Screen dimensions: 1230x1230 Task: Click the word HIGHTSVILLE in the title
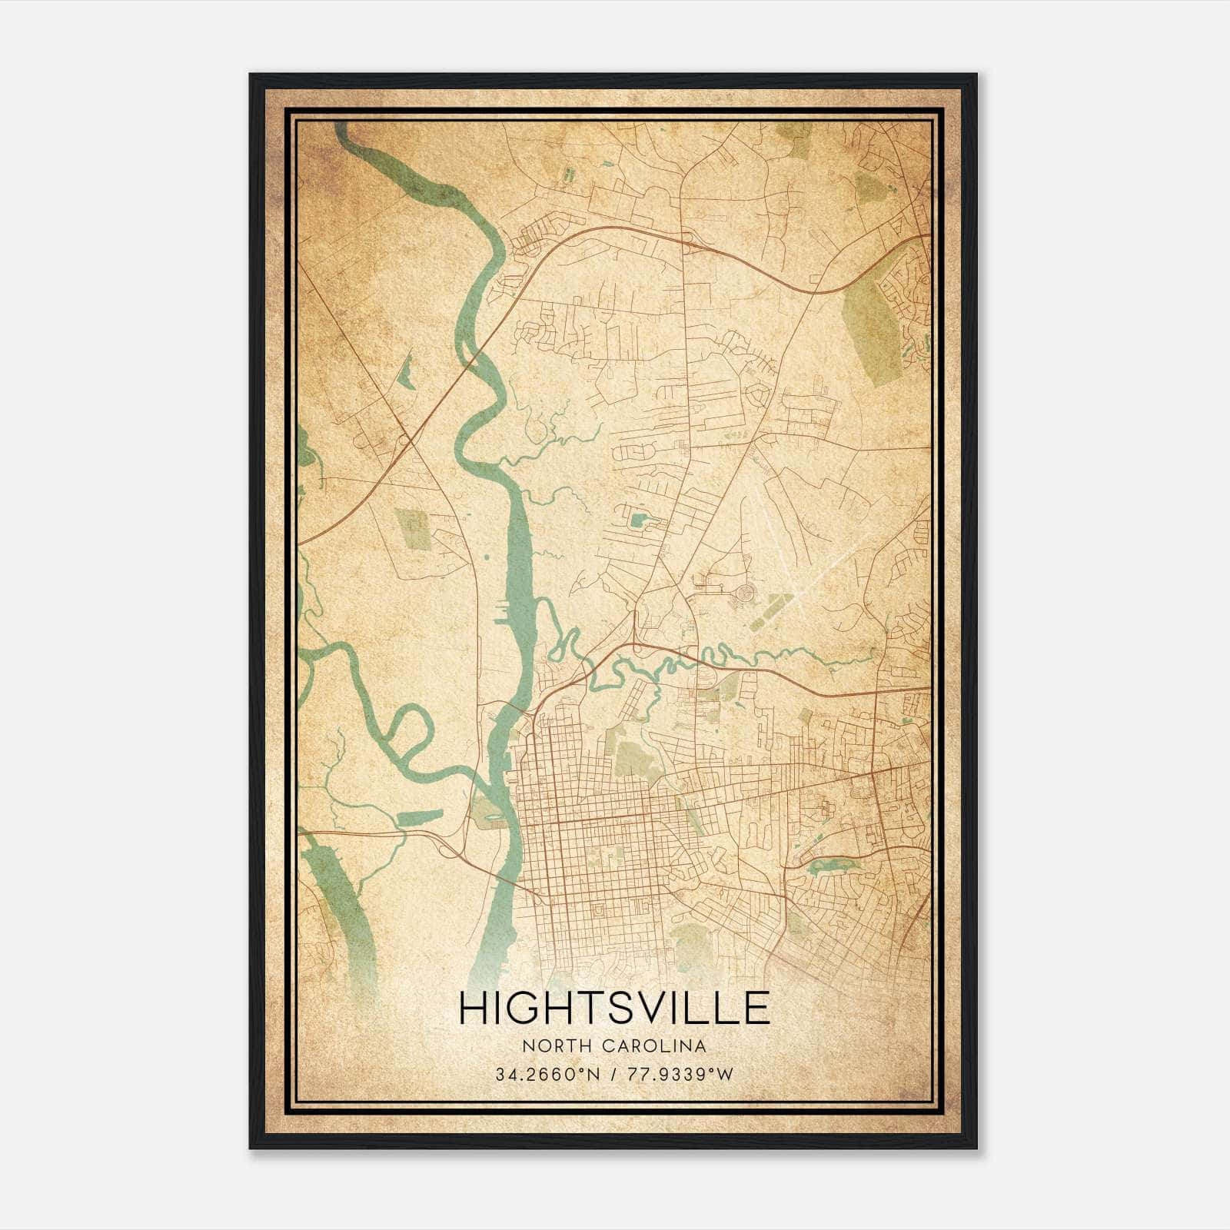pos(613,1008)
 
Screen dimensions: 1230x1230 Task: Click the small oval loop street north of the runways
pos(760,396)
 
